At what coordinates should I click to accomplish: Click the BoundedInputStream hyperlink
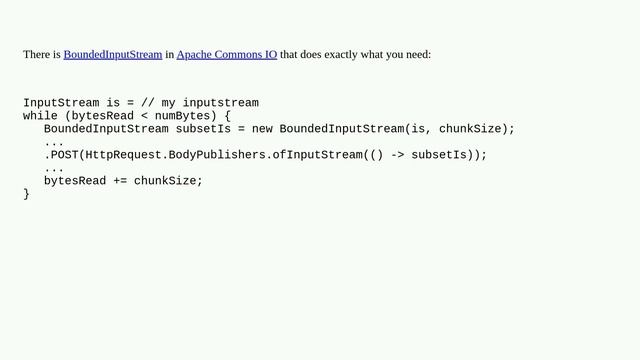point(112,54)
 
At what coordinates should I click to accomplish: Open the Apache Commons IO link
point(226,54)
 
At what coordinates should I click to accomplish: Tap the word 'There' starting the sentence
point(36,54)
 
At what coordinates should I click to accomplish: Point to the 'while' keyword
point(40,116)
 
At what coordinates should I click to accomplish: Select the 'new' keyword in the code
point(262,129)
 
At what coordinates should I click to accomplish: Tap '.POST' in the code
point(61,155)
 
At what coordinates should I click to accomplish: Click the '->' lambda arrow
point(394,155)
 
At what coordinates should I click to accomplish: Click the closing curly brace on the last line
point(27,194)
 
